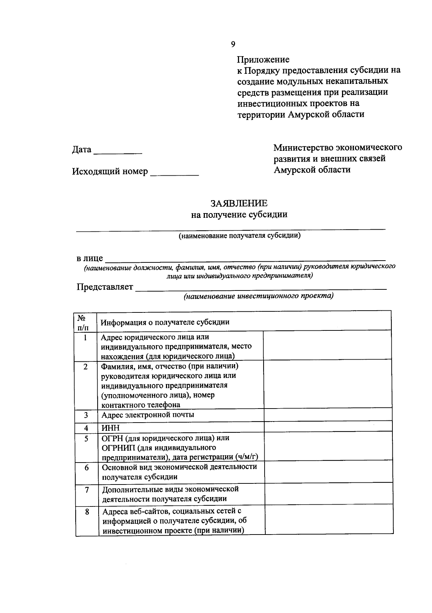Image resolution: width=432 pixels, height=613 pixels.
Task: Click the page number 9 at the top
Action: coord(233,44)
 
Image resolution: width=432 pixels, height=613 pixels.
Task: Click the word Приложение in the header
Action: coord(263,59)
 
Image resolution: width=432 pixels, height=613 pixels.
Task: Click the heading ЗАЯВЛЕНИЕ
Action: coord(239,203)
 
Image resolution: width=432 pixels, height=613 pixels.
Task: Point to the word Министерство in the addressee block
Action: coord(303,148)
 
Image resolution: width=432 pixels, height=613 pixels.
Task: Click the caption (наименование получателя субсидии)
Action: coord(239,236)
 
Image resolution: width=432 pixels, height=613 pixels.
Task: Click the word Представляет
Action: coord(105,287)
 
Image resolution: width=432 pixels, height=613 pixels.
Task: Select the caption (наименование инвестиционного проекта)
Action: coord(258,296)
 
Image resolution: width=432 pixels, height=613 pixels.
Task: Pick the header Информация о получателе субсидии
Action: coord(165,322)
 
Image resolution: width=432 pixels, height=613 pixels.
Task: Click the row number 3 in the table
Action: coord(86,415)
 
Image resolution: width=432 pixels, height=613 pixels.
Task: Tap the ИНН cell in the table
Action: coord(110,428)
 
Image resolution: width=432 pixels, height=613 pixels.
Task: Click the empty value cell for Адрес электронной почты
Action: coord(328,415)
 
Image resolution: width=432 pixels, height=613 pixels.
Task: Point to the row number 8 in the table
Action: coord(87,511)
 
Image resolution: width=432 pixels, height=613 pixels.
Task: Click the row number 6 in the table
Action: coord(86,468)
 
